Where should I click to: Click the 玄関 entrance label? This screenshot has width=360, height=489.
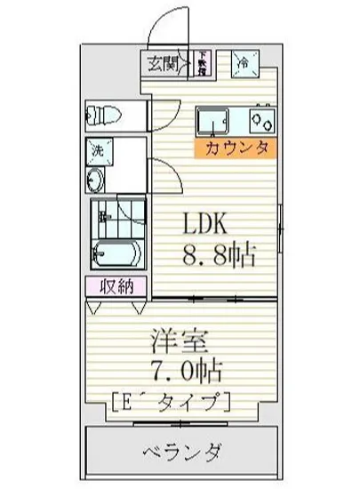point(163,62)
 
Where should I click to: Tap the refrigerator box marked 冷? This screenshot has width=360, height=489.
point(243,62)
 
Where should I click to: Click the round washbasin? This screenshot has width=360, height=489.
point(96,180)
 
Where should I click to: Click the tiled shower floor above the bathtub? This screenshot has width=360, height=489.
point(115,217)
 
